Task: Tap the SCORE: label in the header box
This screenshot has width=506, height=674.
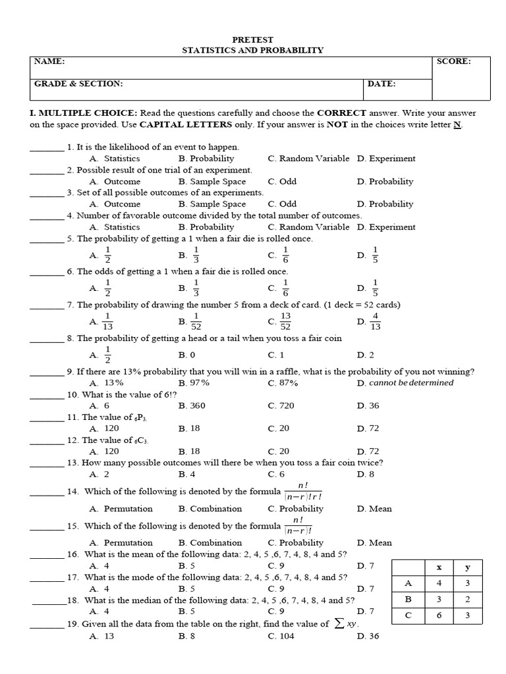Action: pyautogui.click(x=453, y=61)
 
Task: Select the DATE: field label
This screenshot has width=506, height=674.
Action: pyautogui.click(x=382, y=84)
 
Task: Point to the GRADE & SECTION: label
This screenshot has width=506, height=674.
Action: pyautogui.click(x=78, y=84)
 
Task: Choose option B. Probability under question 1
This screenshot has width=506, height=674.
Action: pyautogui.click(x=206, y=159)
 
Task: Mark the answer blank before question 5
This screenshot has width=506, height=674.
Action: pyautogui.click(x=46, y=239)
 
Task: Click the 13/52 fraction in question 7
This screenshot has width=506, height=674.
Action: pyautogui.click(x=285, y=321)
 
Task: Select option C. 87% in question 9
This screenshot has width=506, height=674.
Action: pyautogui.click(x=283, y=382)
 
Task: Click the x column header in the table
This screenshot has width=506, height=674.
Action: pyautogui.click(x=438, y=567)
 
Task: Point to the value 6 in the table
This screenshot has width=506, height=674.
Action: pyautogui.click(x=438, y=615)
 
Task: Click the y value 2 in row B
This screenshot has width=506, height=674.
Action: pyautogui.click(x=467, y=599)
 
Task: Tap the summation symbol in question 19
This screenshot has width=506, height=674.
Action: pyautogui.click(x=339, y=624)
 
